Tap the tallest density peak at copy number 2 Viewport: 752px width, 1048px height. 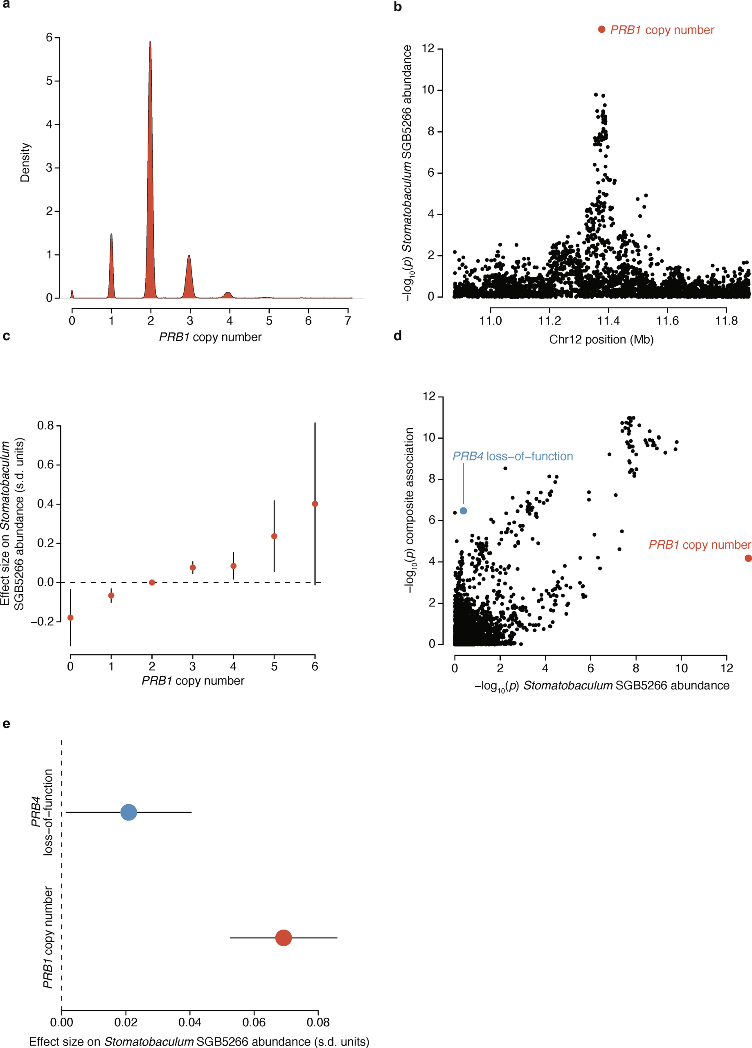(x=150, y=42)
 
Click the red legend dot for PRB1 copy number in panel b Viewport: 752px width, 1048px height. (x=601, y=30)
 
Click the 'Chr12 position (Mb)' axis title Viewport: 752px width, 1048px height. (x=601, y=340)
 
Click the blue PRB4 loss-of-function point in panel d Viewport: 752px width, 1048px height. (x=463, y=511)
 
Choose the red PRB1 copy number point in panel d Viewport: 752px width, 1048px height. (x=748, y=558)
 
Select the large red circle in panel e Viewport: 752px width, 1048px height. (x=283, y=938)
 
